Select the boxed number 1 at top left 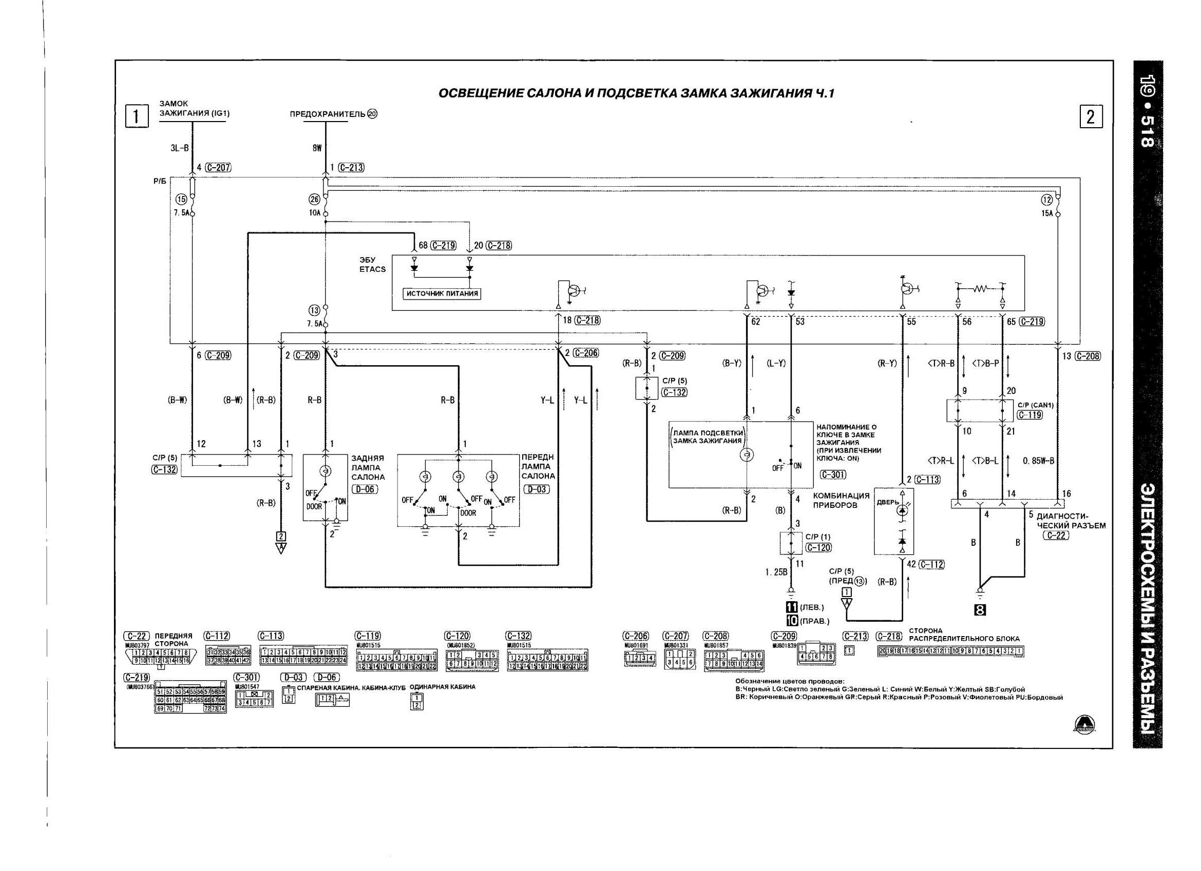tap(136, 116)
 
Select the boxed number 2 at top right tap(1090, 116)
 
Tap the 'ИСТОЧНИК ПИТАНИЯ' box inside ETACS tap(442, 294)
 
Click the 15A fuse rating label tap(1047, 214)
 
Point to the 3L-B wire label tap(180, 149)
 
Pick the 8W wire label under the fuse tap(317, 149)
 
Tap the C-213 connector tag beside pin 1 tap(351, 168)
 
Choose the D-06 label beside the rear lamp tap(365, 489)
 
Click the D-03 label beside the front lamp tap(537, 489)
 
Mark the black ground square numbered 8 tap(980, 610)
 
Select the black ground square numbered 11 tap(792, 607)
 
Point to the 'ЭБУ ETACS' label tap(372, 265)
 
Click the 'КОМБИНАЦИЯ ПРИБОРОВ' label tap(841, 500)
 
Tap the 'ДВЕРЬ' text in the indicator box tap(887, 502)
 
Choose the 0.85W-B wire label tap(1038, 461)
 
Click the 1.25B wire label tap(776, 571)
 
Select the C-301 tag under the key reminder tap(833, 474)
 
